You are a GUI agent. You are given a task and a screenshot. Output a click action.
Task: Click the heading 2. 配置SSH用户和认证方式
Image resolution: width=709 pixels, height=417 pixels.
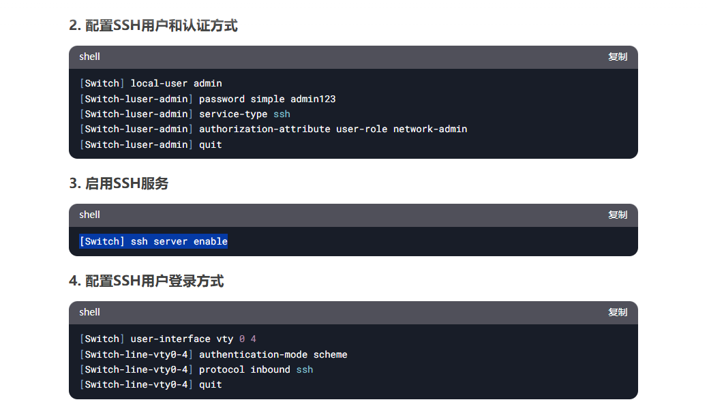[153, 26]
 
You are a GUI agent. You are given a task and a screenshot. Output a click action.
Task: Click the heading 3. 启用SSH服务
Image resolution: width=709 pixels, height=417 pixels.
[119, 183]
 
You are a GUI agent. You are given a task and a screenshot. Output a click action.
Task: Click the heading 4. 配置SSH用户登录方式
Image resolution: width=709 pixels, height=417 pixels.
[146, 281]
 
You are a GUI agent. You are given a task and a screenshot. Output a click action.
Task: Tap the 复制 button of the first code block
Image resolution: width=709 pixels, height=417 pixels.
[618, 57]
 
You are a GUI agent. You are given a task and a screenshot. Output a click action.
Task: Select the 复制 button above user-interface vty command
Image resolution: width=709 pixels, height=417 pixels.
[618, 312]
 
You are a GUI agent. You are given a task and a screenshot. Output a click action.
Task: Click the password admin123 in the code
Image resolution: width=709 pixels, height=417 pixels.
[313, 99]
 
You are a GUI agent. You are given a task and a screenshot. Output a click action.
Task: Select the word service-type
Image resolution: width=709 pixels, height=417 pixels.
[233, 114]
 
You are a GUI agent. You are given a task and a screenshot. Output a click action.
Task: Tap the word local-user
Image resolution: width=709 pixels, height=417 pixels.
[159, 83]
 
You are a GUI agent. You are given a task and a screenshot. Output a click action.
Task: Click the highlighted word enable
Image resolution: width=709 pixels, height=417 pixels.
[211, 241]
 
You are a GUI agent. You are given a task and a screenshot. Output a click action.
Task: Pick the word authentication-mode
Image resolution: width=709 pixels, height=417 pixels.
[253, 354]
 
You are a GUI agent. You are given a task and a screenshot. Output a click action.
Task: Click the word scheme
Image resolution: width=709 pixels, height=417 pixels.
[330, 354]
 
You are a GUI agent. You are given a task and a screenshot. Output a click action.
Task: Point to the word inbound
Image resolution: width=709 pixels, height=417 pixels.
[270, 369]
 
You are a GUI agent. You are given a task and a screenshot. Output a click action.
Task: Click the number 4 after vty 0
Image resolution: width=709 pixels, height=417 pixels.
[254, 339]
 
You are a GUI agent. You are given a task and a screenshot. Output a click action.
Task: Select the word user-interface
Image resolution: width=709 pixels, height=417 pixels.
[170, 339]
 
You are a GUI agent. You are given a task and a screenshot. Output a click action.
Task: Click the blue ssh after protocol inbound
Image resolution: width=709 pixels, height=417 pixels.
[305, 369]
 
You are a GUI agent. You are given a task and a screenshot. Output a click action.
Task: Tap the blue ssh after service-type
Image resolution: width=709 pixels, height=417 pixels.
[282, 114]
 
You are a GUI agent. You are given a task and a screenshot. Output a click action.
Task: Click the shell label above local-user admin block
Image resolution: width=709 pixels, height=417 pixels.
[89, 57]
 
